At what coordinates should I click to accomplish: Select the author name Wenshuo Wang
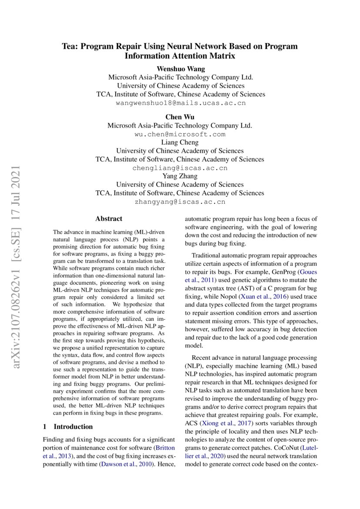click(x=180, y=69)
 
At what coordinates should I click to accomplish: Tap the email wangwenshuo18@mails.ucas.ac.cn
click(x=181, y=103)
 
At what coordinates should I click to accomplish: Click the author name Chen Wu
click(x=180, y=117)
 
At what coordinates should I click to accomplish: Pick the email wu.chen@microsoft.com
click(x=180, y=134)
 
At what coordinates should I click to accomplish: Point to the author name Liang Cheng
click(x=180, y=142)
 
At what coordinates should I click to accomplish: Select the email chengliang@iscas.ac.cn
click(x=180, y=168)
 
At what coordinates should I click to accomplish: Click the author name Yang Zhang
click(x=180, y=176)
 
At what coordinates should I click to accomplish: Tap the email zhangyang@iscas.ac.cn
click(x=180, y=202)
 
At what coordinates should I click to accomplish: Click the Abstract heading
click(x=109, y=219)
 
